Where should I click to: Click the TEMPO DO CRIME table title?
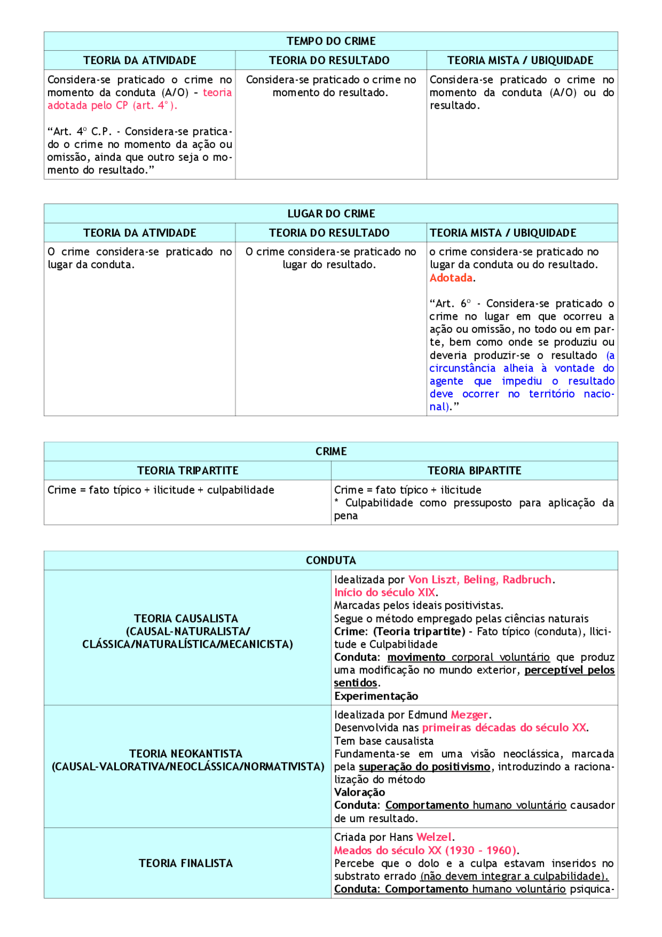pyautogui.click(x=331, y=41)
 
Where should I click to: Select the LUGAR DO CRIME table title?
pyautogui.click(x=331, y=213)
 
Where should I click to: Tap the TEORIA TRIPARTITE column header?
pyautogui.click(x=188, y=470)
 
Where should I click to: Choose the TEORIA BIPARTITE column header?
pyautogui.click(x=474, y=470)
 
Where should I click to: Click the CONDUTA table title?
pyautogui.click(x=331, y=560)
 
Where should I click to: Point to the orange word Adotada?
pyautogui.click(x=451, y=278)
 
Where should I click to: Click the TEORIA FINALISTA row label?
pyautogui.click(x=186, y=863)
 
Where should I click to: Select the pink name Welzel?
pyautogui.click(x=434, y=837)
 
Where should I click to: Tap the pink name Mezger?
pyautogui.click(x=469, y=715)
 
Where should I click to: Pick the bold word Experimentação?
pyautogui.click(x=376, y=696)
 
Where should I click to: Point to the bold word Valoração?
pyautogui.click(x=359, y=792)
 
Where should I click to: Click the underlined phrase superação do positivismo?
pyautogui.click(x=425, y=767)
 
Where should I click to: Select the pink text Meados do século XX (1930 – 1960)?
pyautogui.click(x=425, y=850)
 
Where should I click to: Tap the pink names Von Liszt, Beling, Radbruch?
pyautogui.click(x=480, y=579)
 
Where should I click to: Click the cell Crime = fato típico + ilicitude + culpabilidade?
pyautogui.click(x=161, y=490)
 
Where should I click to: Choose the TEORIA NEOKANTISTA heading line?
pyautogui.click(x=186, y=753)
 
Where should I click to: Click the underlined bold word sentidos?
pyautogui.click(x=355, y=683)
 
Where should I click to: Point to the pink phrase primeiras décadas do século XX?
pyautogui.click(x=504, y=727)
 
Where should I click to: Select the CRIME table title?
pyautogui.click(x=331, y=451)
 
